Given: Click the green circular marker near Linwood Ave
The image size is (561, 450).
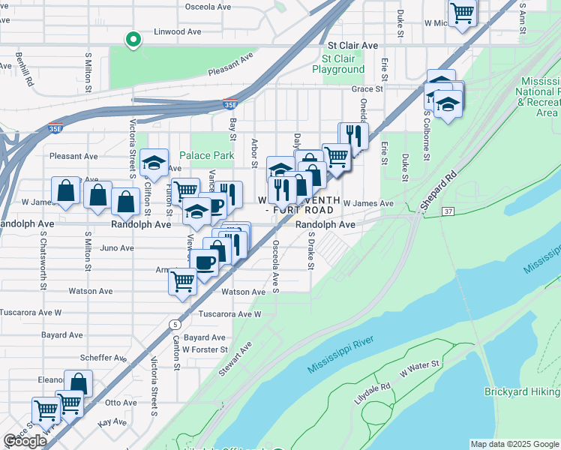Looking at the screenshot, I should tap(133, 40).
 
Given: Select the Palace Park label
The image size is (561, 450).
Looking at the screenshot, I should tap(212, 156).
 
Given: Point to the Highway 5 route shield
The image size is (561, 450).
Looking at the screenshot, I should tap(175, 324).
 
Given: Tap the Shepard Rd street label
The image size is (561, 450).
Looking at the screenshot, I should tap(438, 193).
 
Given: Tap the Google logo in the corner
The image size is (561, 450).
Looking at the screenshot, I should tap(25, 441).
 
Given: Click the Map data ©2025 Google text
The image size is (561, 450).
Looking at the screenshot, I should tap(514, 444).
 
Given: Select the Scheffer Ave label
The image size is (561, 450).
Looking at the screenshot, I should tap(104, 358).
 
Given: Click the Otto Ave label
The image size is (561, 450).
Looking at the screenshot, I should tap(118, 402).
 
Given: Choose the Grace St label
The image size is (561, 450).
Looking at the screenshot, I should tap(367, 88).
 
